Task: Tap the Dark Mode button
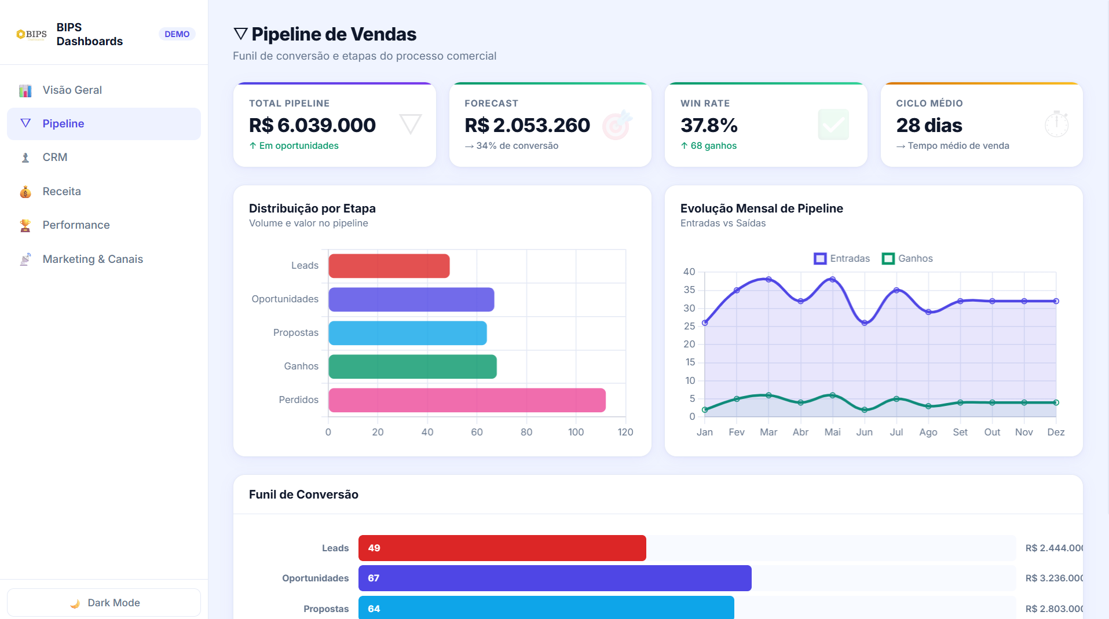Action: (x=104, y=603)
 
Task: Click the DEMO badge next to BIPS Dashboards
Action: (x=177, y=34)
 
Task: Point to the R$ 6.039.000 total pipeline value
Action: (x=312, y=125)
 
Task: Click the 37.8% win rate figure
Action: (x=709, y=125)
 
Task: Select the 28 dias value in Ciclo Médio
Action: (x=929, y=125)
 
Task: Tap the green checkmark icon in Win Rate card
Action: (x=833, y=124)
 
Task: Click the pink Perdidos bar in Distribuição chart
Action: (x=467, y=400)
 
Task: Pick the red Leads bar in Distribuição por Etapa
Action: (x=389, y=266)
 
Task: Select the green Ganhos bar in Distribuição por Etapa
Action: (x=412, y=367)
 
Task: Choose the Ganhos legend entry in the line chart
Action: (x=907, y=259)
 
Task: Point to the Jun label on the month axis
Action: (x=864, y=433)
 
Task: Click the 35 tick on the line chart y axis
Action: (x=689, y=290)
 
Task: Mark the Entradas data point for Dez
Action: (x=1056, y=301)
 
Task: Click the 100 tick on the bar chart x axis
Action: (x=576, y=433)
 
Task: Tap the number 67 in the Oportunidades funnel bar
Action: (x=374, y=578)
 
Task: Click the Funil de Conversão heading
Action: (x=303, y=495)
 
